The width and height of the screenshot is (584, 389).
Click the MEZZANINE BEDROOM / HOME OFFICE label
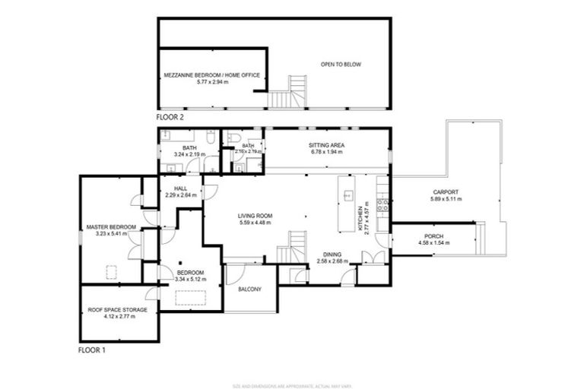pos(213,75)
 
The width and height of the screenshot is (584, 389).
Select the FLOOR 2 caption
pos(170,118)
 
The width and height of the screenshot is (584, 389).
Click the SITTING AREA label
pos(325,144)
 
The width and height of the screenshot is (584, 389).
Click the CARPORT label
pos(447,192)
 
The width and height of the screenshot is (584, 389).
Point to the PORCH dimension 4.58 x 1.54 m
pos(433,242)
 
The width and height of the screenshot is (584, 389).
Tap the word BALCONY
pos(249,289)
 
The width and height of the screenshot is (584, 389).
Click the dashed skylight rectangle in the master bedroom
pos(111,270)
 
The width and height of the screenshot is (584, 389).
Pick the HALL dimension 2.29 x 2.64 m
pos(180,195)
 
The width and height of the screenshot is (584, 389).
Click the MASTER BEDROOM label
pos(111,227)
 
